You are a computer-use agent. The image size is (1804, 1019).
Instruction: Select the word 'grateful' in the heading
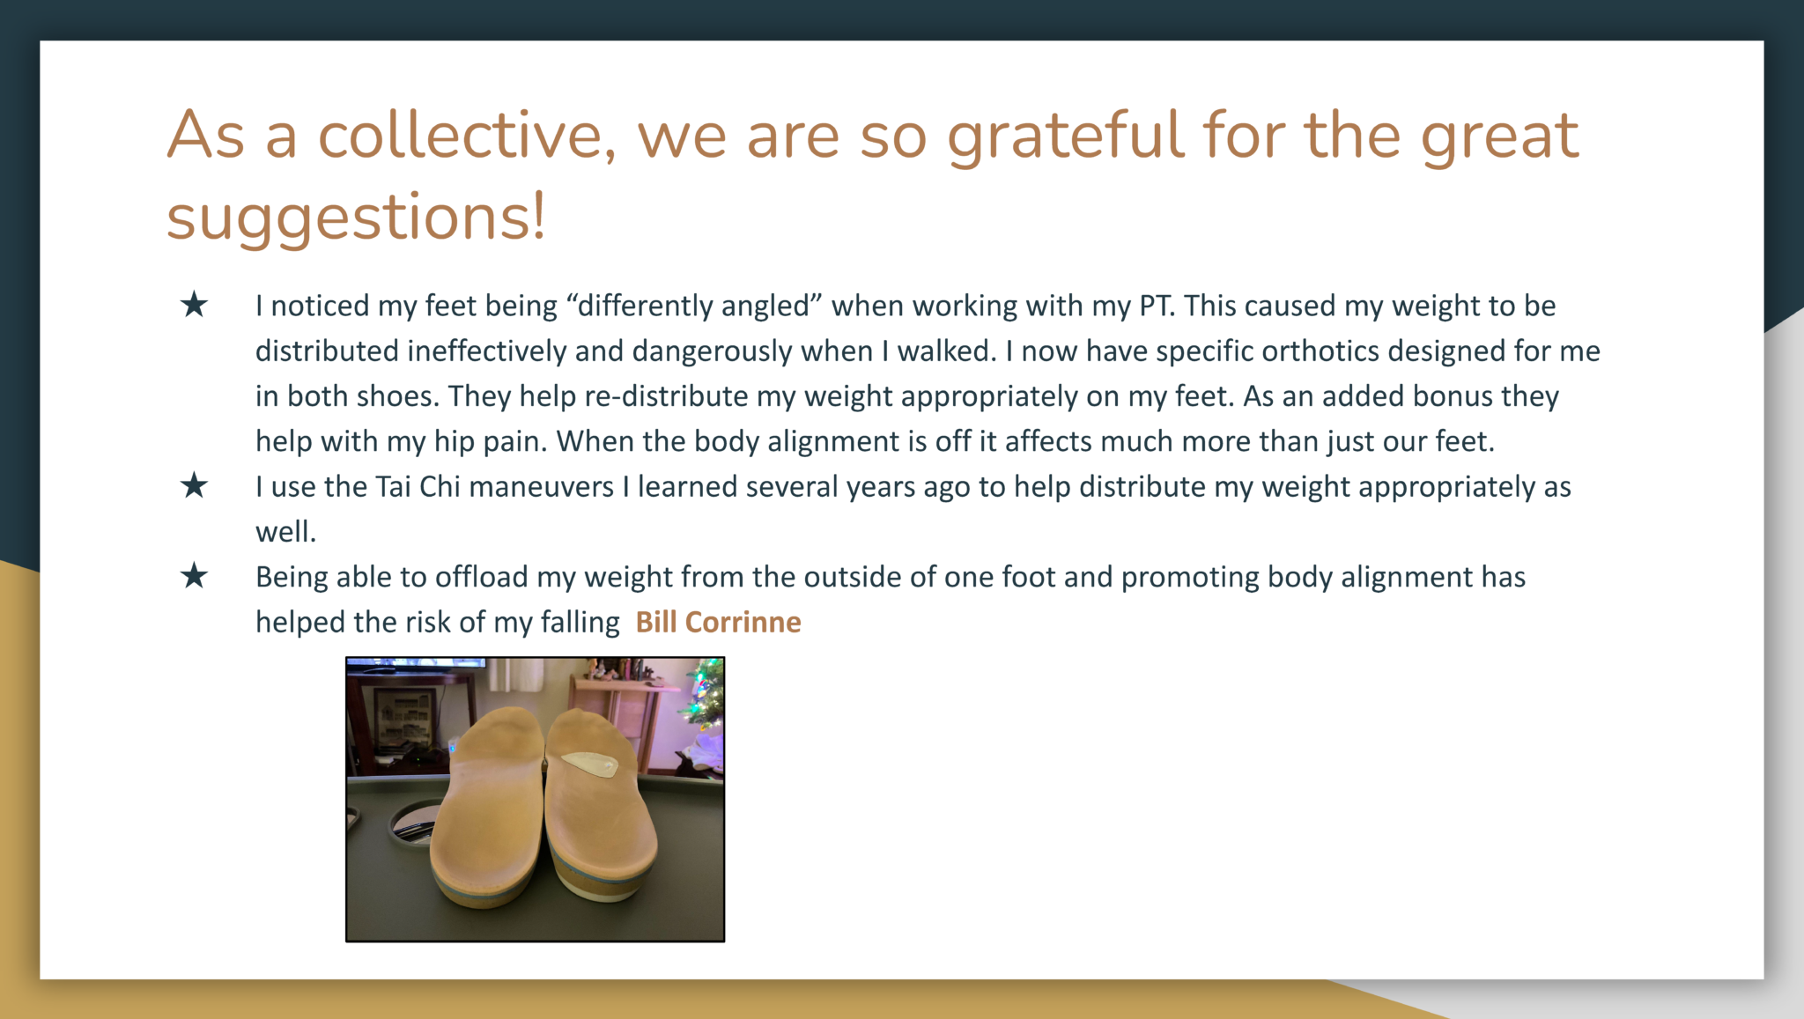[1064, 137]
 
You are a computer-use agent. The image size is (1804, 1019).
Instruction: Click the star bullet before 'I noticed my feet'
[194, 305]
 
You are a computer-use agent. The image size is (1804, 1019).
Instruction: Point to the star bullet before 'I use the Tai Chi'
[194, 485]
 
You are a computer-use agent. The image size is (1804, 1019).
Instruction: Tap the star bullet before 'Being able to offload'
[194, 576]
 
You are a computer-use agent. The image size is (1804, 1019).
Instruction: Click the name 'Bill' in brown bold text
[656, 622]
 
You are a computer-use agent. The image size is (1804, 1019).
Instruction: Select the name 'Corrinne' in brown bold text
[743, 622]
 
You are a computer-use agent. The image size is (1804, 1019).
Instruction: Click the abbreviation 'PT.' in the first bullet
[1157, 306]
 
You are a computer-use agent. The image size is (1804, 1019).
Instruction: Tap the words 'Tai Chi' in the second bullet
[418, 486]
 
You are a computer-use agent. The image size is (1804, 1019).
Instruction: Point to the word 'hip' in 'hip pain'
[455, 441]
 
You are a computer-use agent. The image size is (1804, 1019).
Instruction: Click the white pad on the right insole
[590, 763]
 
